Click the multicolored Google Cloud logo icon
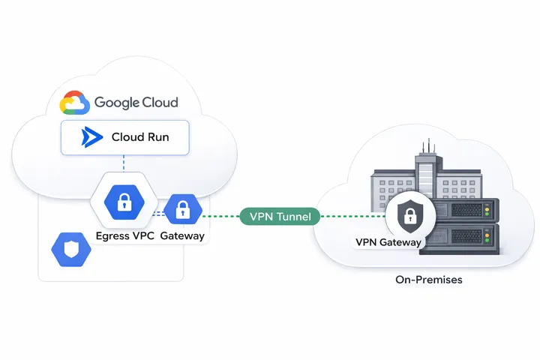click(75, 103)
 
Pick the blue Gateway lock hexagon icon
click(181, 211)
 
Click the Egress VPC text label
click(124, 235)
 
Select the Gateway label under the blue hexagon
click(182, 235)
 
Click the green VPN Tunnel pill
click(280, 217)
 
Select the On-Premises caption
click(428, 280)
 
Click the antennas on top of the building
click(425, 148)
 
